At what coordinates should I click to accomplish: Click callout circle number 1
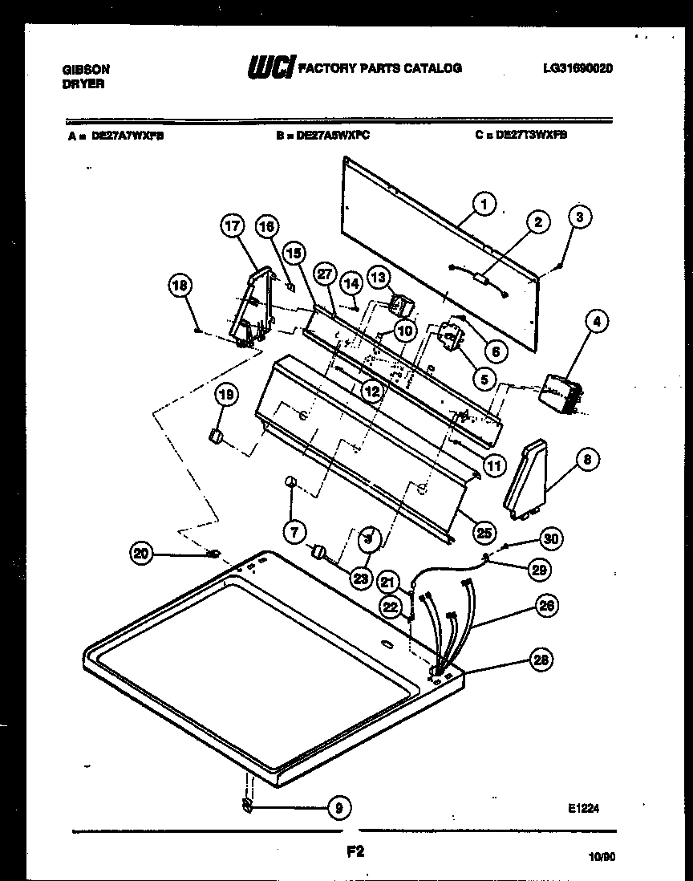coord(483,204)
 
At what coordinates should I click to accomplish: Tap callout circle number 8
coord(586,460)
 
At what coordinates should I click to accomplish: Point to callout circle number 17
coord(232,227)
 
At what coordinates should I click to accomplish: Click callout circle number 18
coord(181,285)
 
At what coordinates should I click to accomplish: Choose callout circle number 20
coord(141,552)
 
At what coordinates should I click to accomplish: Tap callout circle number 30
coord(549,538)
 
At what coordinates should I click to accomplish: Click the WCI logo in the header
coord(271,68)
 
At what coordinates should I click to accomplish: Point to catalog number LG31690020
coord(577,69)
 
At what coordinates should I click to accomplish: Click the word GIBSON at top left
coord(86,70)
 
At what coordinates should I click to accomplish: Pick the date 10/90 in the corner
coord(600,858)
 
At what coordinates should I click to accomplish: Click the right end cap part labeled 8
coord(525,477)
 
